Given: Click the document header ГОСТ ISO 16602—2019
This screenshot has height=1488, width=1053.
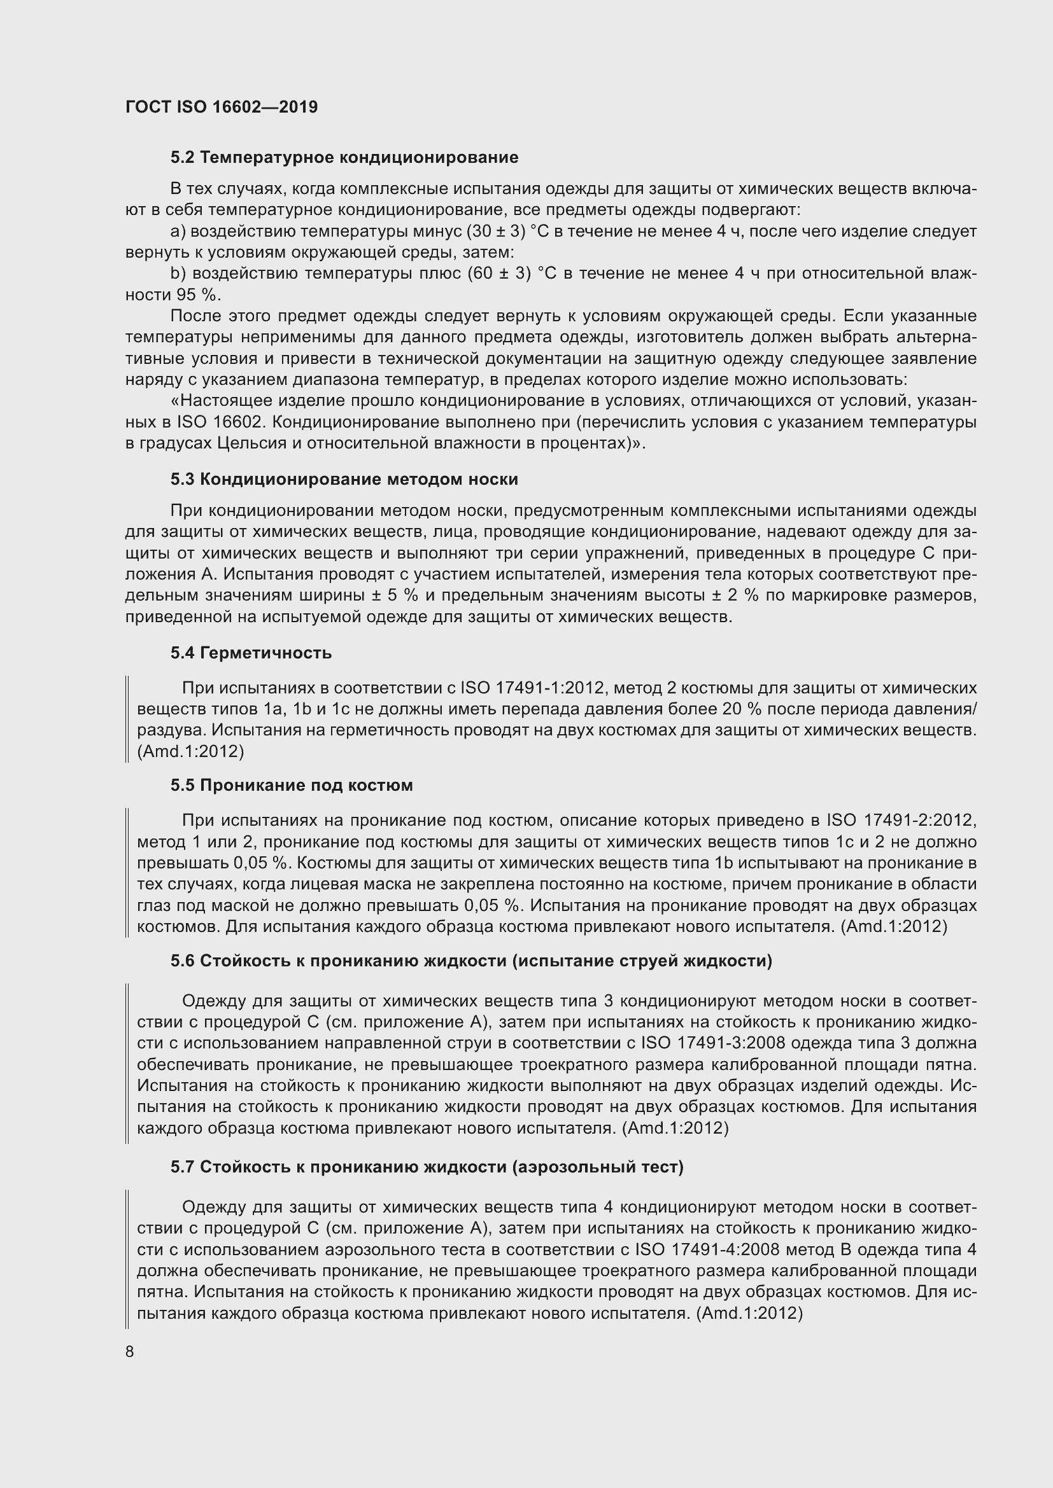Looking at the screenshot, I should click(x=222, y=107).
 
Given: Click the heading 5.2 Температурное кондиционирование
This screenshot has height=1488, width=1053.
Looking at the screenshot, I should click(x=344, y=158).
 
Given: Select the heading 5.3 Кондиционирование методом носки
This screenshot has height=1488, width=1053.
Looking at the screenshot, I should click(x=344, y=479).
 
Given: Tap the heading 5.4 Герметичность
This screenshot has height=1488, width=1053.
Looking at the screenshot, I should click(x=251, y=653).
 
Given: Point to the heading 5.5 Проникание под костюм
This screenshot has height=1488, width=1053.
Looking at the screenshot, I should click(x=292, y=786).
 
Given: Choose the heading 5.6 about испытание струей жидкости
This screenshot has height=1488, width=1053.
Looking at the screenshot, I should click(x=471, y=961).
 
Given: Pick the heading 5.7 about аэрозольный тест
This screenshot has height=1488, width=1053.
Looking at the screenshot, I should click(x=427, y=1167).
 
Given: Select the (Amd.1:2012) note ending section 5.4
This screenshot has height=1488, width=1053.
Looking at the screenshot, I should click(x=190, y=751).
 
